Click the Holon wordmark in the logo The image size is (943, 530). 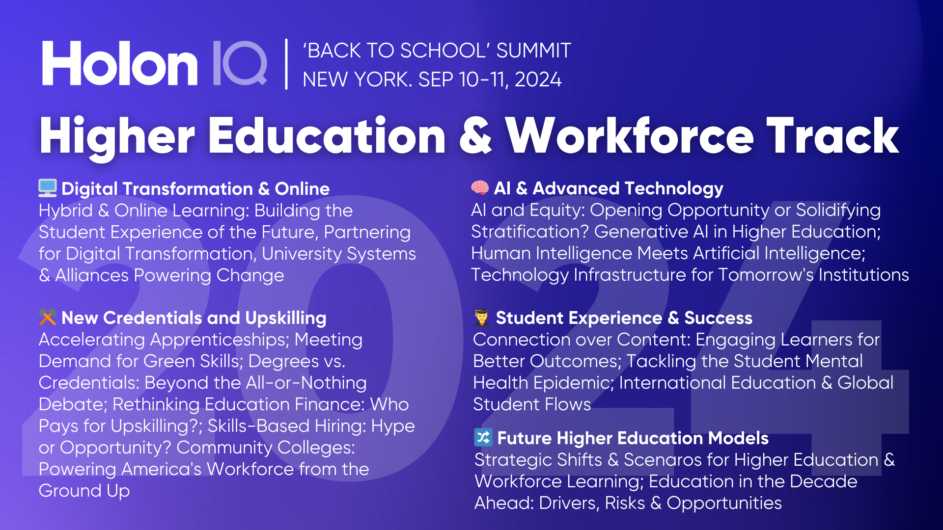[120, 64]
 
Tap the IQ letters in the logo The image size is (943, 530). [240, 64]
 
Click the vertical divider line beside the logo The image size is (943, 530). [286, 64]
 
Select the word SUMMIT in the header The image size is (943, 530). [533, 51]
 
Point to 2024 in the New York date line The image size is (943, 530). [538, 79]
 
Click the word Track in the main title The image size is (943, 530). [833, 136]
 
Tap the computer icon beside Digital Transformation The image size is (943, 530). [48, 188]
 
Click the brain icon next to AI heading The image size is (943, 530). [480, 187]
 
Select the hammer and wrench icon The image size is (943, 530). [48, 317]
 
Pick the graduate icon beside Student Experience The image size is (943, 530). [482, 318]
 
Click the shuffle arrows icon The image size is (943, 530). [483, 437]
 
